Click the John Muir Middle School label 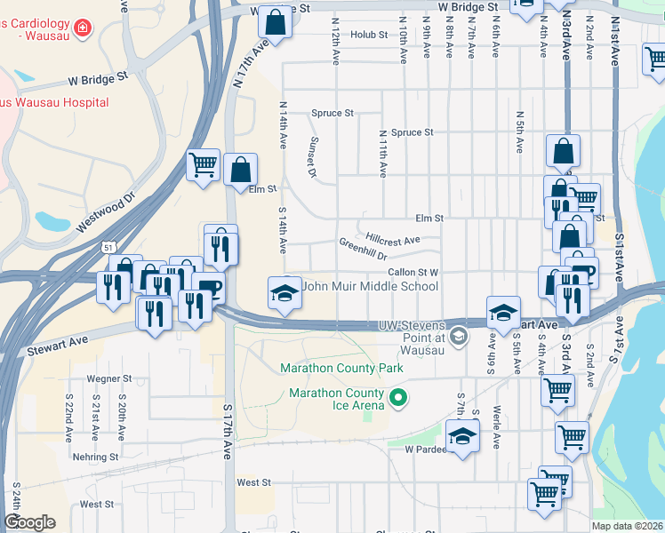click(370, 287)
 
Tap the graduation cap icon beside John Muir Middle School click(284, 293)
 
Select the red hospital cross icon click(83, 28)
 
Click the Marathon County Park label click(341, 368)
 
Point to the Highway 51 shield click(108, 246)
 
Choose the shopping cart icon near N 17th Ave click(203, 163)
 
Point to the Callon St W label click(413, 273)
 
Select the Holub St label click(369, 36)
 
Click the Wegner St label click(109, 378)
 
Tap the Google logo click(29, 522)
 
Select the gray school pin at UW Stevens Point click(458, 335)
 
